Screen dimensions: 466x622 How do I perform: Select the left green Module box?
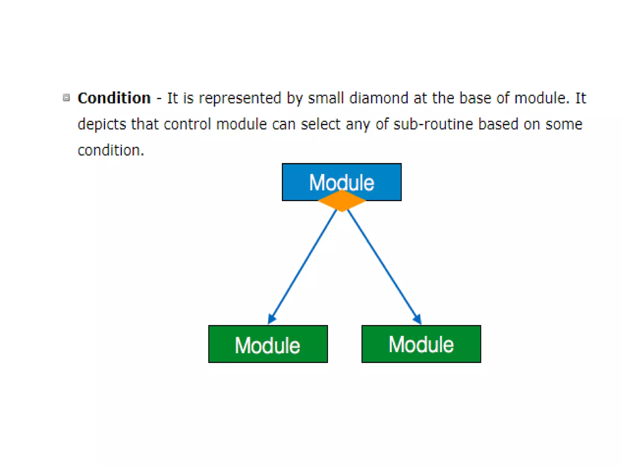tap(268, 344)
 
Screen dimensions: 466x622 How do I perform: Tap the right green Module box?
tap(421, 344)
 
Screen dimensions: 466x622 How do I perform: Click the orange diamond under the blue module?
tap(342, 201)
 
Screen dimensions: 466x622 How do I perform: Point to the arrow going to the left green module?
tap(304, 264)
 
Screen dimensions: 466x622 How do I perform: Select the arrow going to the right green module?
tap(383, 264)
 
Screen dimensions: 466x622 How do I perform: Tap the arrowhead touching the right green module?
tap(417, 319)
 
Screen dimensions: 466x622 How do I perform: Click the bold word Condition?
tap(114, 98)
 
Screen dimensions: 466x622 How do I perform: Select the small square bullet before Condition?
tap(66, 97)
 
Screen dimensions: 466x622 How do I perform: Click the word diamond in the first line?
tap(378, 98)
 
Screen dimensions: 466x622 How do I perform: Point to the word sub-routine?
tap(433, 124)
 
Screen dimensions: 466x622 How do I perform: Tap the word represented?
tap(240, 98)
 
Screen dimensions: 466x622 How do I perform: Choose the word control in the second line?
tap(187, 124)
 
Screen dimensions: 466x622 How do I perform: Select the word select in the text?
tap(320, 124)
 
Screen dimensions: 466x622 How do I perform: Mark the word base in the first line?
tap(475, 98)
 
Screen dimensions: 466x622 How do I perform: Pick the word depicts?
tap(102, 124)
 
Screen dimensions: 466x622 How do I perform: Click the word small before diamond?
tap(326, 98)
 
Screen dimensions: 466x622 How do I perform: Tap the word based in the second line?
tap(498, 124)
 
